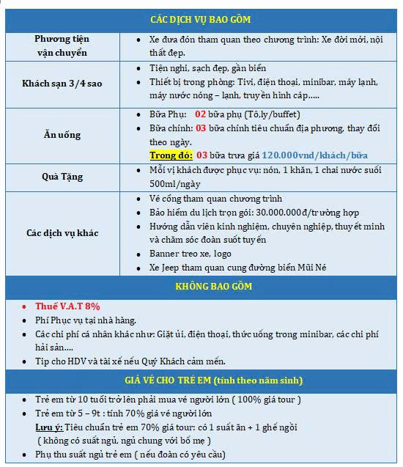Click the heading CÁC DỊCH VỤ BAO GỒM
coord(201,19)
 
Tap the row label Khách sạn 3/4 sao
coord(62,83)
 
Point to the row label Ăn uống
coord(62,135)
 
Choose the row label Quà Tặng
coord(62,177)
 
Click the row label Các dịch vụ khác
coord(62,233)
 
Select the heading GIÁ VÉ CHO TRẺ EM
coord(201,380)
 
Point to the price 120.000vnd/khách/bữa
coord(314,155)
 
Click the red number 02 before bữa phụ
coord(201,114)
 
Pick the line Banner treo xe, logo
coord(191,254)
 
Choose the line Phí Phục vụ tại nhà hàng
coord(85,320)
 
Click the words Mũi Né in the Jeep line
coord(311,268)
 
